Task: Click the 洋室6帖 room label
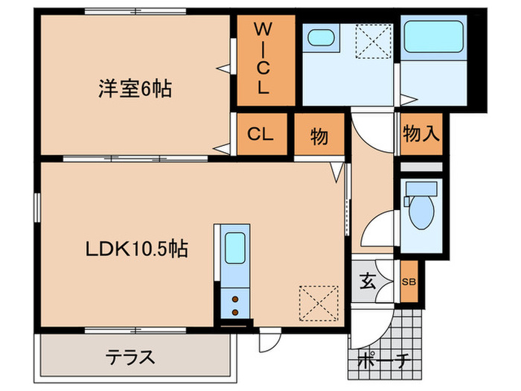click(x=135, y=89)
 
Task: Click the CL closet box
click(x=260, y=135)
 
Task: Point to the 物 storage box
click(x=319, y=136)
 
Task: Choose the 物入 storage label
click(x=421, y=134)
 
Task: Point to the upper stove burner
click(x=236, y=299)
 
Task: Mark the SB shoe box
click(x=409, y=282)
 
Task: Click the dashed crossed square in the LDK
click(x=314, y=302)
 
